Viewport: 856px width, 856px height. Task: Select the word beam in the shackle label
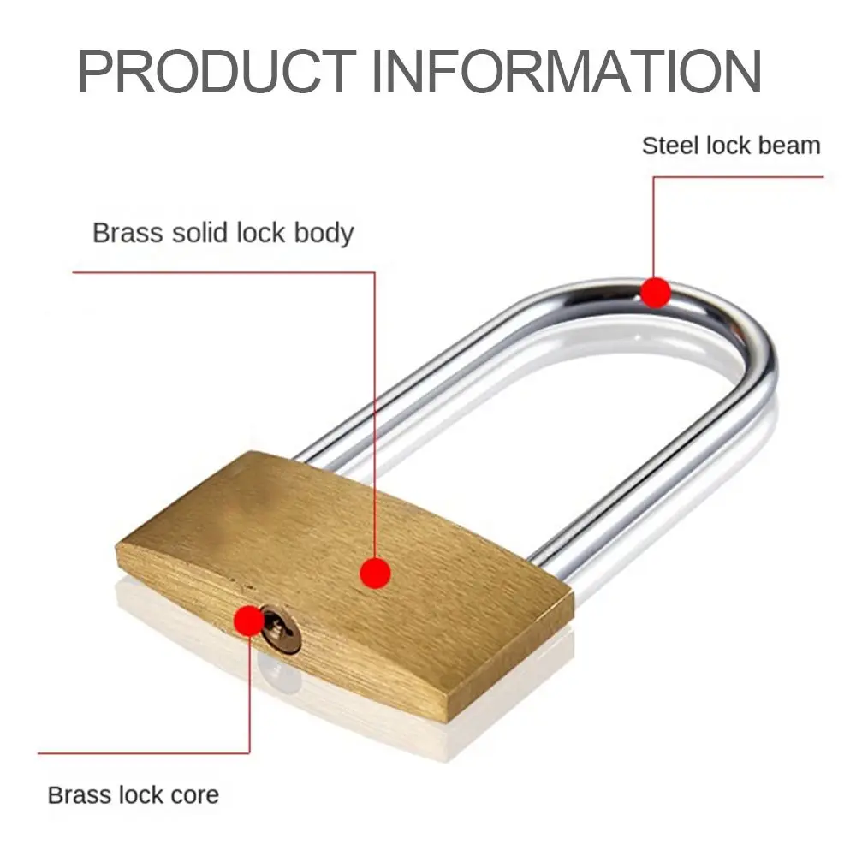(789, 146)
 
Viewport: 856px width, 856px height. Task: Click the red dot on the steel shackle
(656, 293)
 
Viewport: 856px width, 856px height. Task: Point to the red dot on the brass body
(375, 573)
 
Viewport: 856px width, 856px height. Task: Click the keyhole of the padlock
(280, 629)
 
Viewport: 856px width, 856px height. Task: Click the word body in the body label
(324, 234)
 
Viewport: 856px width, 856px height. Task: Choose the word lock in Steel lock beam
(728, 146)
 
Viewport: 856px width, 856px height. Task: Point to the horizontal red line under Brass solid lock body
(223, 272)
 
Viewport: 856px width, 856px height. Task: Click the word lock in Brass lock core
(140, 794)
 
